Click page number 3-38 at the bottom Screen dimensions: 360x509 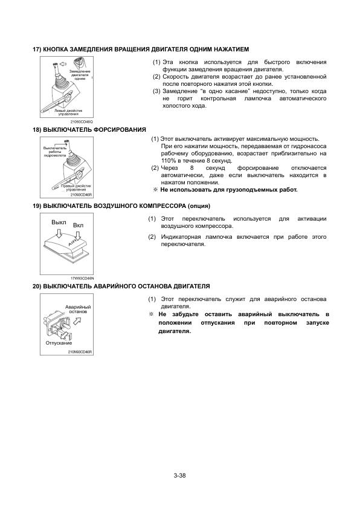pyautogui.click(x=179, y=476)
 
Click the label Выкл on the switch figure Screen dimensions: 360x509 pyautogui.click(x=59, y=222)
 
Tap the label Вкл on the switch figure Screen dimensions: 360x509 pyautogui.click(x=78, y=225)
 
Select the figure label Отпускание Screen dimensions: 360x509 pyautogui.click(x=59, y=343)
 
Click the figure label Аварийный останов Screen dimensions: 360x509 pyautogui.click(x=78, y=309)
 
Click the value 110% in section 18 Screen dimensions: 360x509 pyautogui.click(x=167, y=161)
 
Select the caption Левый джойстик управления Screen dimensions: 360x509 pyautogui.click(x=68, y=112)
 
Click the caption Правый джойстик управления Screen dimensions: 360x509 pyautogui.click(x=76, y=187)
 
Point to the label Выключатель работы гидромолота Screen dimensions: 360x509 pyautogui.click(x=55, y=152)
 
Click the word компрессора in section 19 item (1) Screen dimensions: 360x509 pyautogui.click(x=213, y=226)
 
